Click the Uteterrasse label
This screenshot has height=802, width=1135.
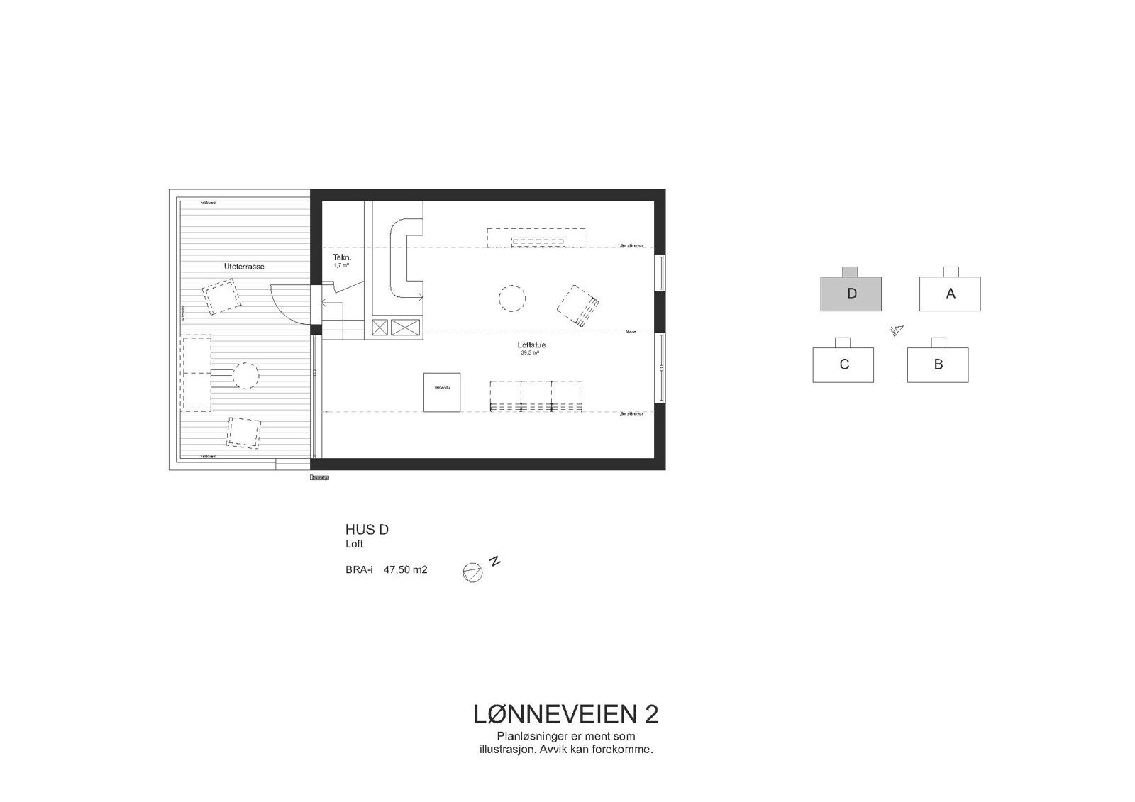[x=243, y=266]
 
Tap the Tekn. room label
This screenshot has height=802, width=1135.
[x=342, y=257]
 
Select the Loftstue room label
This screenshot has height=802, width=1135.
[x=531, y=345]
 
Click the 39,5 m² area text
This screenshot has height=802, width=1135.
[x=531, y=352]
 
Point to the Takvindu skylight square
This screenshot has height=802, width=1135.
[x=442, y=392]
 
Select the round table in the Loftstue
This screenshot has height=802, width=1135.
[x=511, y=298]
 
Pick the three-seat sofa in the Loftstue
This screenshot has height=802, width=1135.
[x=536, y=395]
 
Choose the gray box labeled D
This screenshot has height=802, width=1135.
[x=851, y=294]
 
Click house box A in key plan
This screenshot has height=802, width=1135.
[x=950, y=294]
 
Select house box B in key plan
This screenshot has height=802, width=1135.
[x=938, y=364]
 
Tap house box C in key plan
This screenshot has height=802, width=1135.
[x=843, y=364]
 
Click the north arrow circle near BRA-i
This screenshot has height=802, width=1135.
[x=472, y=573]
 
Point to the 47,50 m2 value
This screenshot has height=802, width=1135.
[x=406, y=569]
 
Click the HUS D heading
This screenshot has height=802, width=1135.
[x=366, y=530]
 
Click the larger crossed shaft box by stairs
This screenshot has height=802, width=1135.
[x=405, y=328]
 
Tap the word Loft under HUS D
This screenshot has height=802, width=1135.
[x=354, y=545]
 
